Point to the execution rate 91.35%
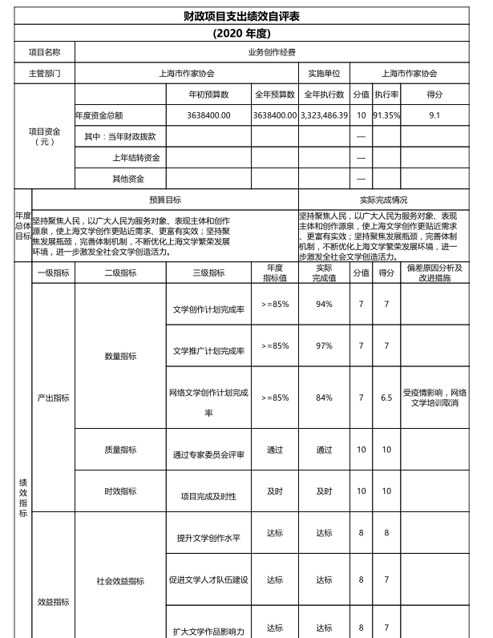point(386,115)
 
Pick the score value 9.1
point(434,115)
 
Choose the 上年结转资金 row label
point(135,157)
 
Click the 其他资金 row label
point(128,178)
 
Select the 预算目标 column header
point(164,199)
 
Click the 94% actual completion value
point(324,304)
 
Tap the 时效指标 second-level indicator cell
point(120,491)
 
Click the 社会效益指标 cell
point(120,579)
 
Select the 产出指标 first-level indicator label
point(54,398)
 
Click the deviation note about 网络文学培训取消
point(435,398)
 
